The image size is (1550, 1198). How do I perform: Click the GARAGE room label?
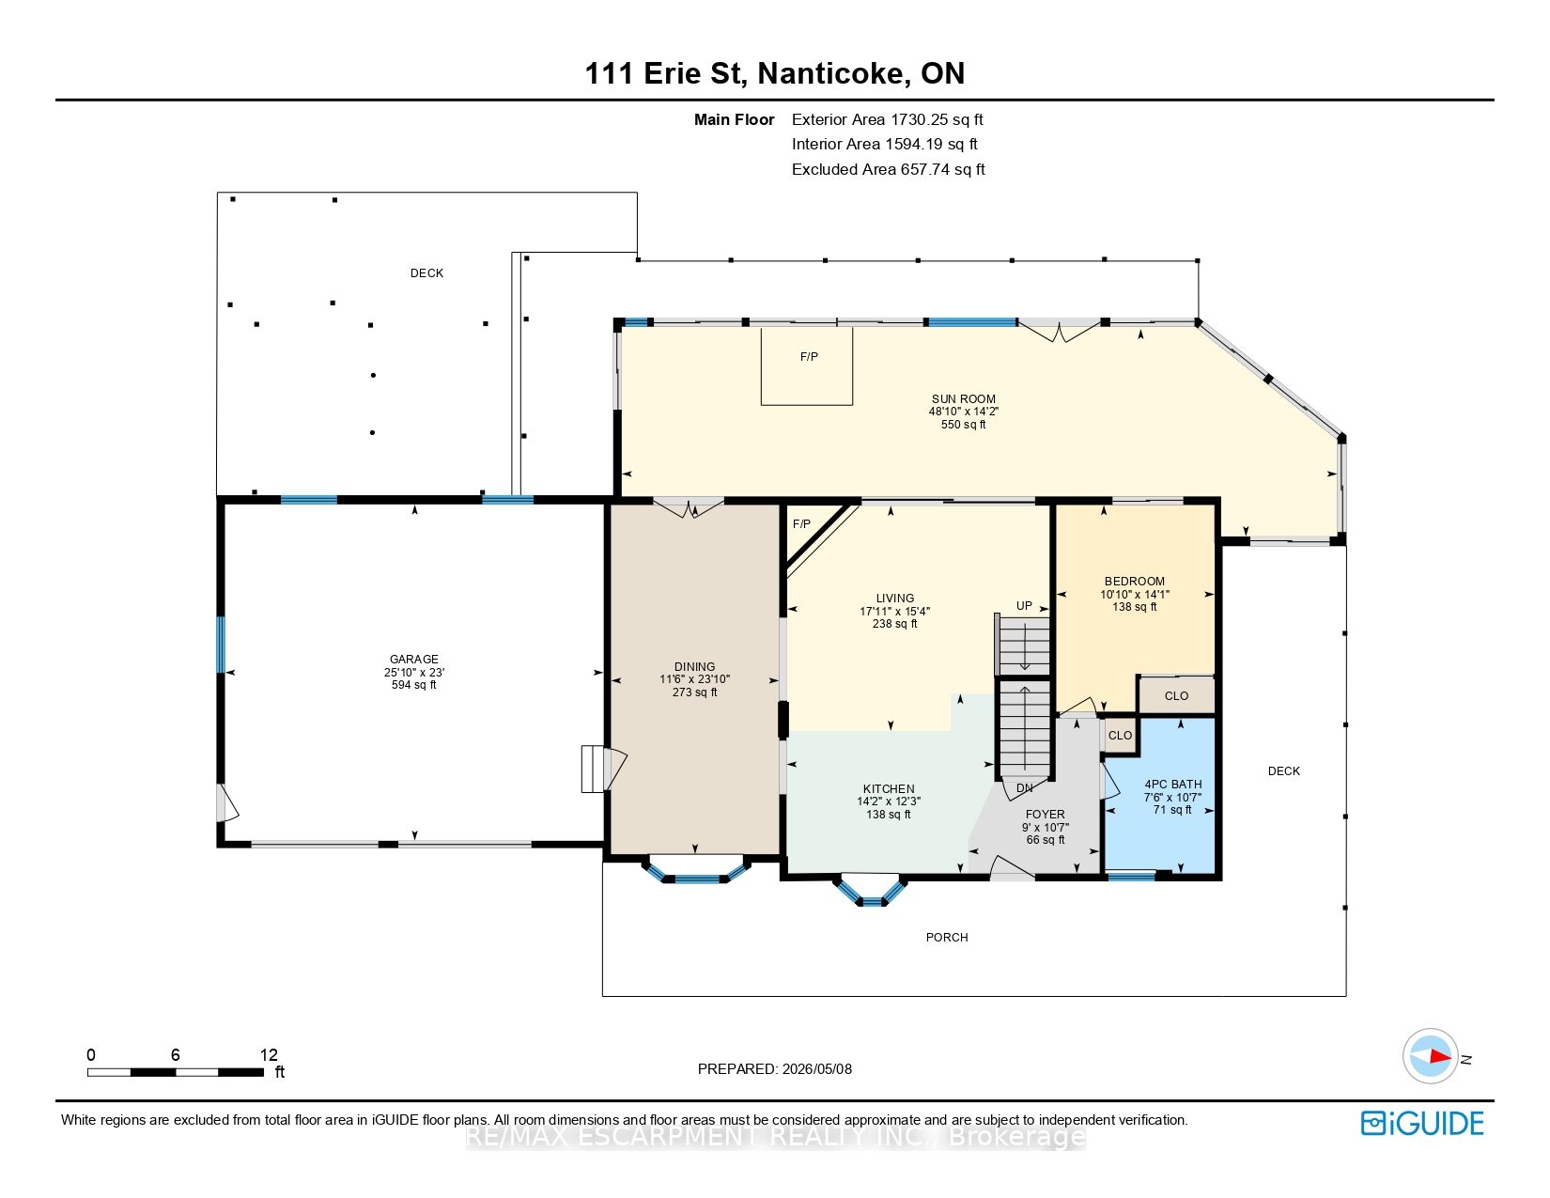[x=413, y=660]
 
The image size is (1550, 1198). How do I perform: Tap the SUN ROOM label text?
[x=963, y=398]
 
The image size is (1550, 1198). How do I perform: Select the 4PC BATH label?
[x=1172, y=785]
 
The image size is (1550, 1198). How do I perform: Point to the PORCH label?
[x=947, y=938]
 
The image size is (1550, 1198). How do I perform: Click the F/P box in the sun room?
[x=807, y=366]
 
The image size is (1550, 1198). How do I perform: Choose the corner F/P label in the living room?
[x=801, y=523]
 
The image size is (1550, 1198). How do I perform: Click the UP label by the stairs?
[x=1024, y=606]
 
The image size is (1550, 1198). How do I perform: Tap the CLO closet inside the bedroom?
[x=1176, y=695]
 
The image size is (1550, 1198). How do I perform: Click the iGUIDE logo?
[x=1421, y=1123]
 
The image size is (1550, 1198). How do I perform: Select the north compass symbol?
[x=1431, y=1056]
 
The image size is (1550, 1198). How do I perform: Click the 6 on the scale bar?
[x=176, y=1054]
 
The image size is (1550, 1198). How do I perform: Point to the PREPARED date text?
[x=775, y=1069]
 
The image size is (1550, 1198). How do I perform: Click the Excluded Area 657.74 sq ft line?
[x=888, y=169]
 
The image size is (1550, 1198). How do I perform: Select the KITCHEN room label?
[x=889, y=788]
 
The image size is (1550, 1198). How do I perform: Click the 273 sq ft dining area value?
[x=695, y=692]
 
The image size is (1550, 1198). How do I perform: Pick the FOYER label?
[x=1045, y=814]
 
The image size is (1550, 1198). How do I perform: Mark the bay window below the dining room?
[x=696, y=870]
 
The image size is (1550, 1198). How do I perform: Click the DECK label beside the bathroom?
[x=1284, y=770]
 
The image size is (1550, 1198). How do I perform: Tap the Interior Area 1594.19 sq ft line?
[x=885, y=144]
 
